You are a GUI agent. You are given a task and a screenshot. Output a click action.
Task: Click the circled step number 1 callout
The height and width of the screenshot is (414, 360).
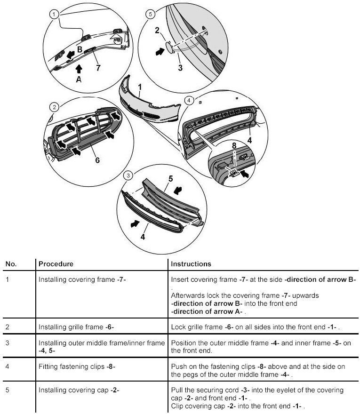[x=55, y=15]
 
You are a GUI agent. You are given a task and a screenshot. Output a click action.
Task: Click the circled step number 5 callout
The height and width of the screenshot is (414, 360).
[x=151, y=15]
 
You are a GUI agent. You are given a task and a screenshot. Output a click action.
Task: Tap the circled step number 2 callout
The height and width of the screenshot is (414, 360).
[x=55, y=107]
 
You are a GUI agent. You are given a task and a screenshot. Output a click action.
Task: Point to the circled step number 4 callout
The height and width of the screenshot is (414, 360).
[x=189, y=101]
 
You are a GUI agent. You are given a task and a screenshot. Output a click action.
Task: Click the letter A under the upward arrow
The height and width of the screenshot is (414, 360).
[x=79, y=80]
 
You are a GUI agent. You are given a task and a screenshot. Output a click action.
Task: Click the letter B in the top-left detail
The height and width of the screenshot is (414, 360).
[x=80, y=49]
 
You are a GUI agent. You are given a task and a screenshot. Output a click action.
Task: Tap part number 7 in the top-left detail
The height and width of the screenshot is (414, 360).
[x=98, y=68]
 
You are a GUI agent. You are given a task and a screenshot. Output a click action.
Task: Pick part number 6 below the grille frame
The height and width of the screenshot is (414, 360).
[x=97, y=160]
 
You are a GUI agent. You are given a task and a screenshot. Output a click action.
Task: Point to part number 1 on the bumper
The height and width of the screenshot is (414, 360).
[x=140, y=87]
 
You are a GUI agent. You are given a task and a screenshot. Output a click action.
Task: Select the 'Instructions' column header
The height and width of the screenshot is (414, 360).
[x=191, y=264]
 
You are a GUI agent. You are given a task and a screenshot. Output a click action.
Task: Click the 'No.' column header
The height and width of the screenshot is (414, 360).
[x=11, y=264]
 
